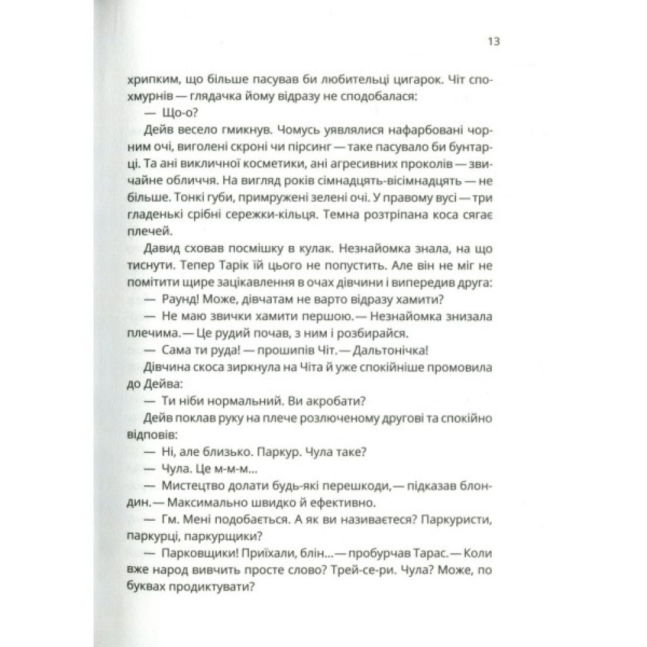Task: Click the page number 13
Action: tap(492, 41)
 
